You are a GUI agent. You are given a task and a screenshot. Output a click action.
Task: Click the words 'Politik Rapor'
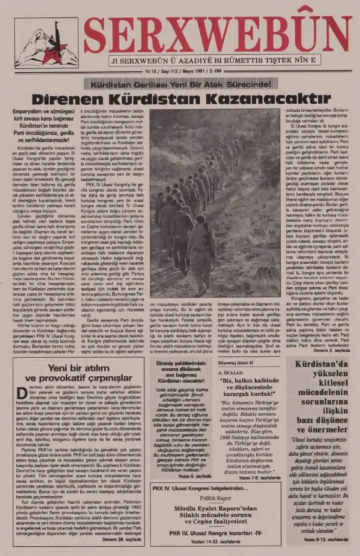216,497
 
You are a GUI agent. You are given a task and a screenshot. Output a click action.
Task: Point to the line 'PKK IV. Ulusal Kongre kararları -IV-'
216,533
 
